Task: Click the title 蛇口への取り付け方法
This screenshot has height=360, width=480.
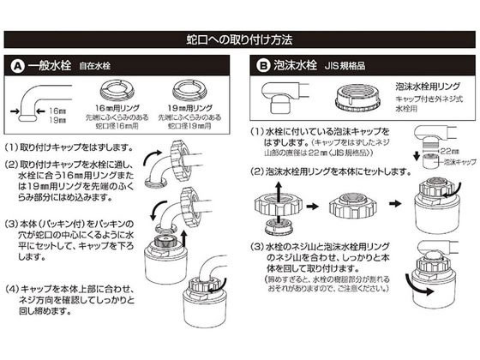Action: coord(239,39)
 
